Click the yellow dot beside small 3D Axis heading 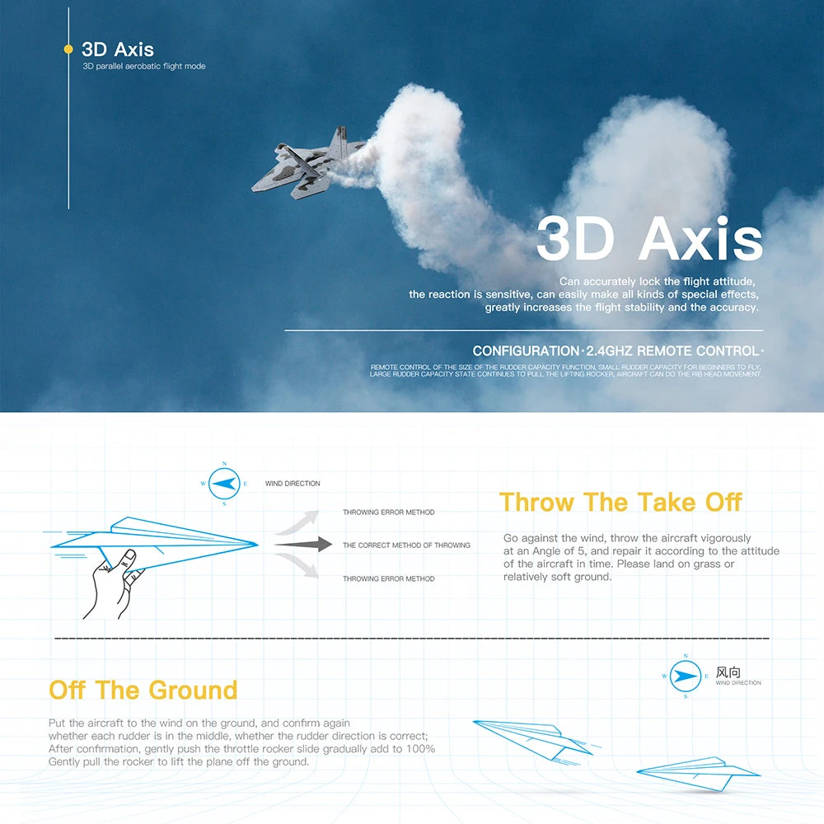tap(68, 49)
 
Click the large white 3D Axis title tap(649, 240)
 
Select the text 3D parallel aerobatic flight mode tap(144, 66)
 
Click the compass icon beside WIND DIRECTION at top tap(224, 484)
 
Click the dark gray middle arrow tap(302, 545)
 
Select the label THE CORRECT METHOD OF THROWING tap(406, 545)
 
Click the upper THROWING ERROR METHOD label tap(388, 513)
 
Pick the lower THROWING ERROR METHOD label tap(388, 579)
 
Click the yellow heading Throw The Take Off tap(620, 502)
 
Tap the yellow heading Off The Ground tap(143, 690)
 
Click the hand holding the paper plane tap(115, 581)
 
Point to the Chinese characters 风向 tap(728, 672)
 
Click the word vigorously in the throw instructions tap(720, 538)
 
